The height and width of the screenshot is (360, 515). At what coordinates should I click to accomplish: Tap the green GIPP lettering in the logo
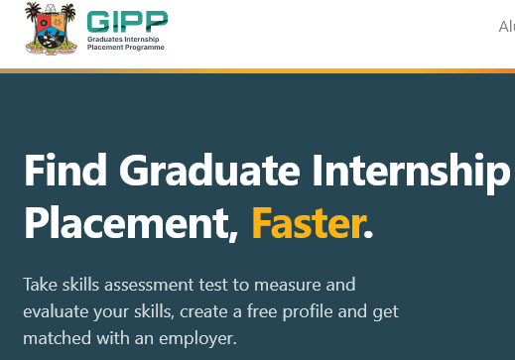point(127,20)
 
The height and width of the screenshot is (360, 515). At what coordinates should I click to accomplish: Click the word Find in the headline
point(58,172)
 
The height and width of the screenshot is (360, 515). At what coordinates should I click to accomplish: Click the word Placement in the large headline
point(130,224)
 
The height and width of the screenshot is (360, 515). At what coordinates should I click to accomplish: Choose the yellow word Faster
point(306,224)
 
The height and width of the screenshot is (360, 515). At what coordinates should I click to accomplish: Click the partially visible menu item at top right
point(506,27)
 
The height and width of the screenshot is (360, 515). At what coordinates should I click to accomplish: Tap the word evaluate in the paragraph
point(55,311)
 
